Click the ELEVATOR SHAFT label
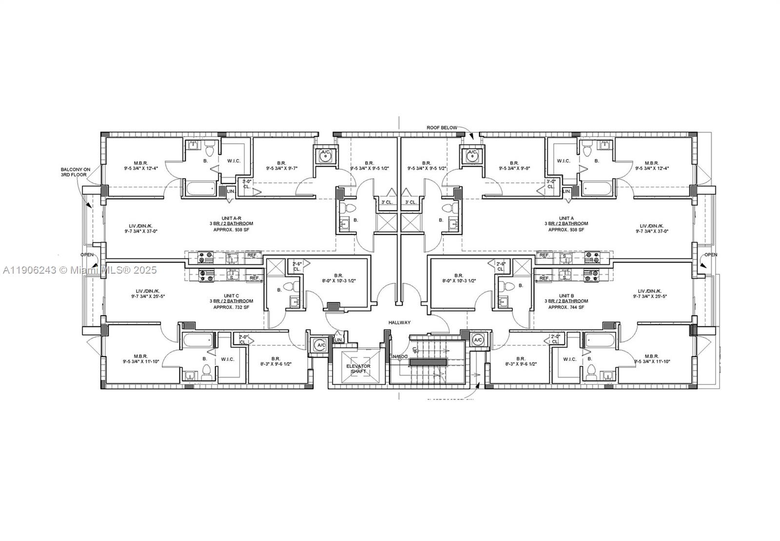(358, 369)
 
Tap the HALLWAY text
(399, 322)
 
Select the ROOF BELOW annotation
(442, 128)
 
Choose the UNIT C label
(231, 296)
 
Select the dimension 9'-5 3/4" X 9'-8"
(514, 169)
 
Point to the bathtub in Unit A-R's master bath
(200, 188)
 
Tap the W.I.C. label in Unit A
(563, 160)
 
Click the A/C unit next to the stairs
(477, 340)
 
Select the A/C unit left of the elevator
(321, 345)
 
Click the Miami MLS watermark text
(79, 270)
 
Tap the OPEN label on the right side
(710, 255)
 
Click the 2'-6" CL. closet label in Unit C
(297, 266)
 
